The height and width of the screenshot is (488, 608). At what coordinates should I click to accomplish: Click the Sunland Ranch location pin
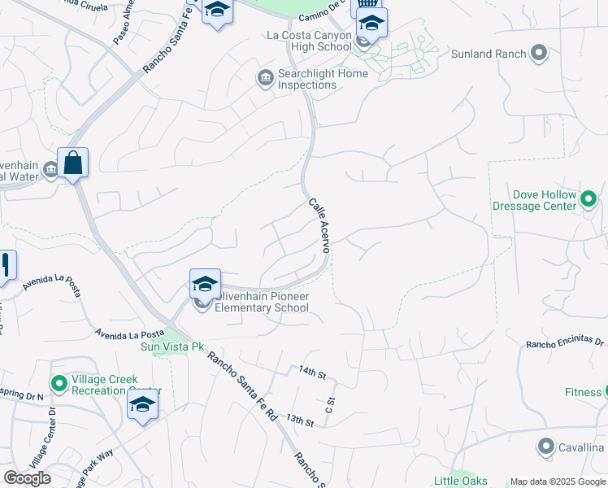(537, 54)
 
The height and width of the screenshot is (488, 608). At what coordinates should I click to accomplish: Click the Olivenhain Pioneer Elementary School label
(262, 302)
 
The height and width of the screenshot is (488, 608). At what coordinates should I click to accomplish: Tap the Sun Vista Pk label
(172, 347)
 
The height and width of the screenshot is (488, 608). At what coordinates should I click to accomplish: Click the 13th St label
(300, 420)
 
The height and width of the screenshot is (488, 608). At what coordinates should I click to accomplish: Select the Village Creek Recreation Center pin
(59, 382)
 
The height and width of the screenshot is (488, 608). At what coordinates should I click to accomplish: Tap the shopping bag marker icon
(73, 163)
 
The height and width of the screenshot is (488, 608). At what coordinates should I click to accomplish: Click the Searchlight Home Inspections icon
(265, 78)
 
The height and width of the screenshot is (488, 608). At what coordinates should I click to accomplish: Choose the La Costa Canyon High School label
(309, 41)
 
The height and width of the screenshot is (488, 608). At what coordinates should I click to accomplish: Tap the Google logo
(27, 477)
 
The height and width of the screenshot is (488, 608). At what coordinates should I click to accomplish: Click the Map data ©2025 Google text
(558, 481)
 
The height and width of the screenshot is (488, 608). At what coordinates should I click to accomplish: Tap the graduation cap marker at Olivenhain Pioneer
(205, 284)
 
